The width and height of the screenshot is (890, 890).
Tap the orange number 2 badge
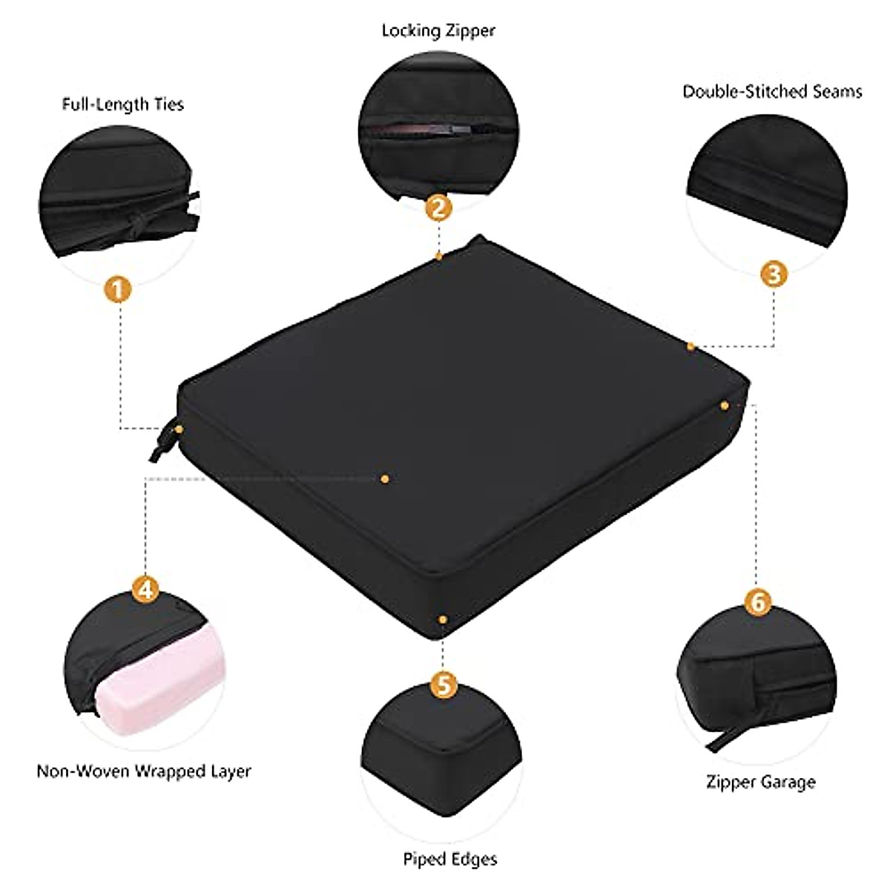tap(439, 207)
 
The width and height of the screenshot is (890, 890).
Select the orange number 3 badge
tap(773, 274)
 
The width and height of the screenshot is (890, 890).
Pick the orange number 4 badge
tap(145, 590)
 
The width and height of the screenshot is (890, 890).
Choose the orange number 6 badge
tap(756, 602)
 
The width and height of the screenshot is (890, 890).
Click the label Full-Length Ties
tap(122, 104)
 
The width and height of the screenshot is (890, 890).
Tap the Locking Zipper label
tap(438, 31)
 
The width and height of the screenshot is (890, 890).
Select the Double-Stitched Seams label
tap(772, 91)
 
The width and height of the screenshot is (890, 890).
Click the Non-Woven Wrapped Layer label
tap(144, 771)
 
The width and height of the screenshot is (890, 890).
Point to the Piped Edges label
tap(449, 860)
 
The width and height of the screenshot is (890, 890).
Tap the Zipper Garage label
tap(760, 782)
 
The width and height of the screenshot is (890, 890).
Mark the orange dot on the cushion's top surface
tap(384, 479)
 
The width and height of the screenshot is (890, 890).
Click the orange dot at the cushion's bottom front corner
tap(442, 619)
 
